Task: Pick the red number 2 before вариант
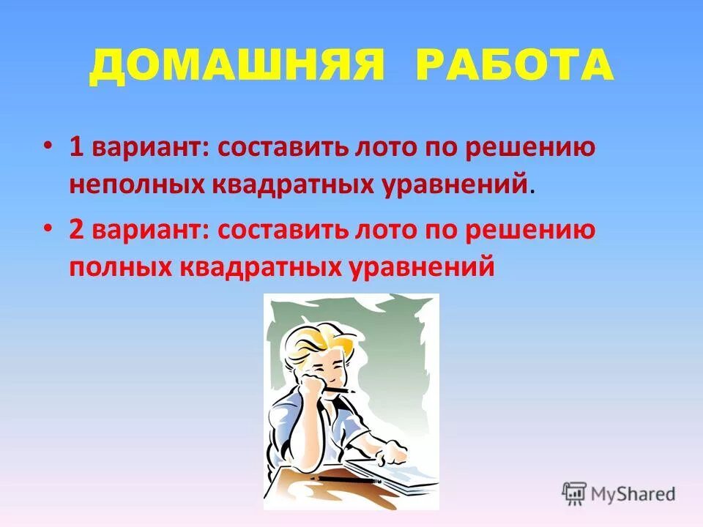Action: [76, 231]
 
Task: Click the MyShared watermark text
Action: [633, 493]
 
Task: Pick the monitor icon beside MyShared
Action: [575, 493]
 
